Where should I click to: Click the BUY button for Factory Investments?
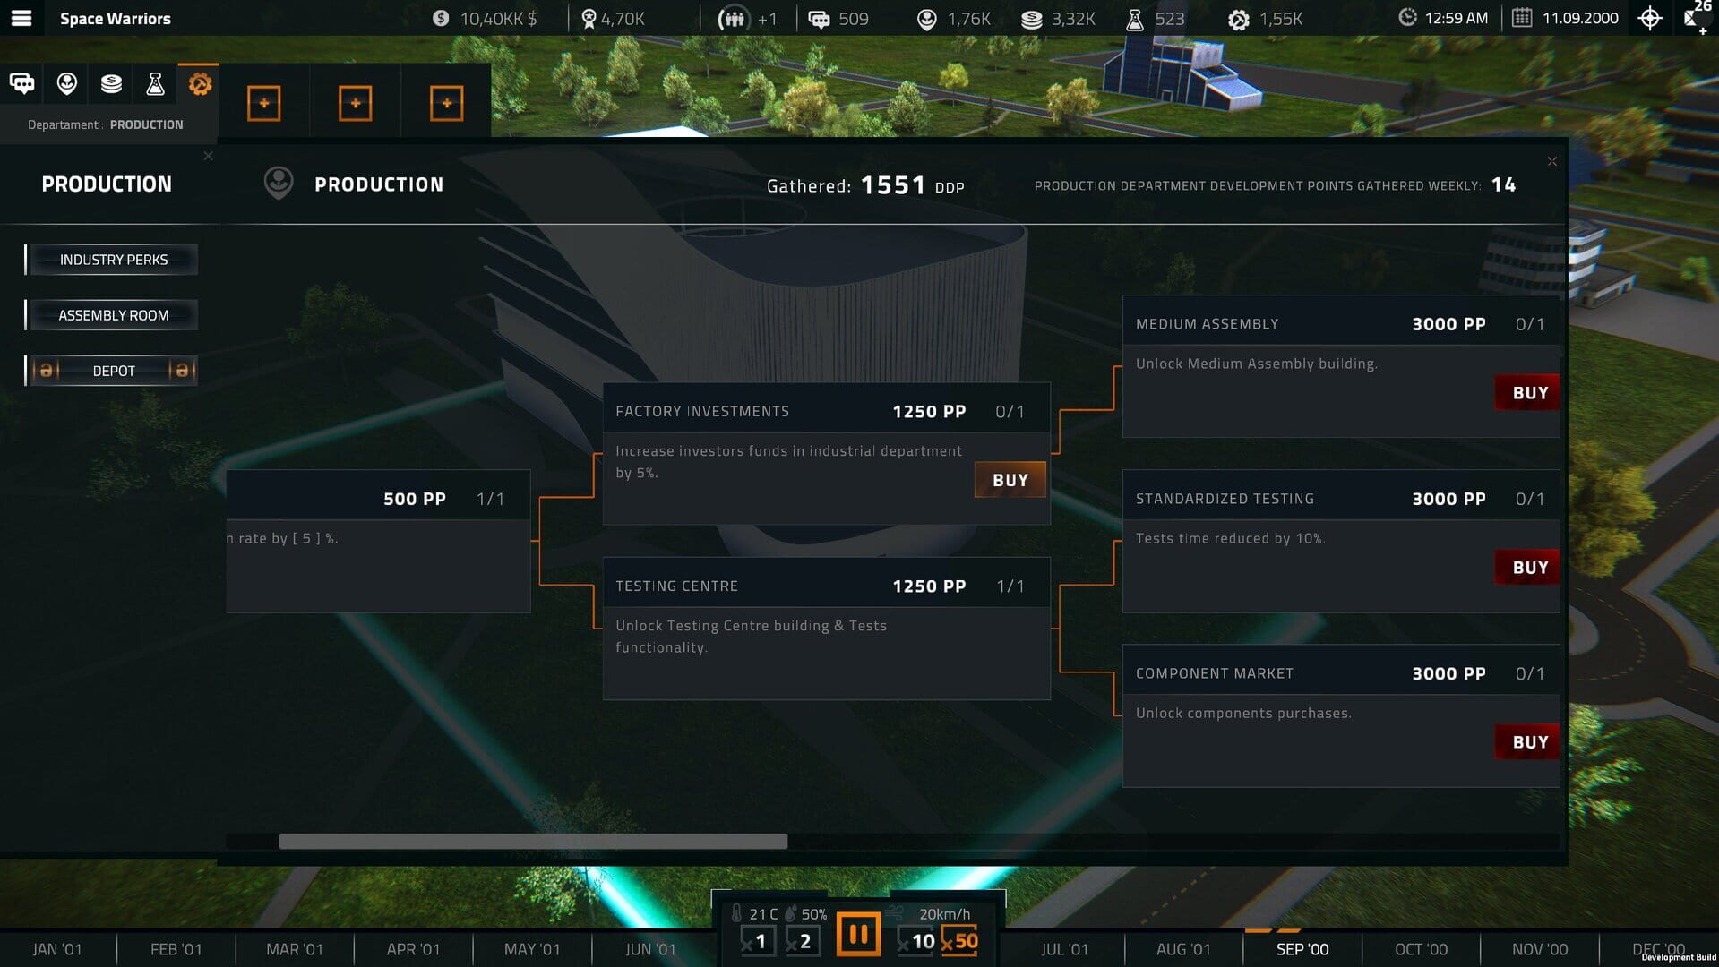pos(1010,480)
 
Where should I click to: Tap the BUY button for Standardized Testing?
pos(1528,568)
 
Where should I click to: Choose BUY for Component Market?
pos(1528,742)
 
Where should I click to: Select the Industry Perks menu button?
pos(114,260)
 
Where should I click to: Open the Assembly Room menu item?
pos(114,315)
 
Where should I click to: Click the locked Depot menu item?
pos(114,371)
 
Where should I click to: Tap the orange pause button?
pos(858,935)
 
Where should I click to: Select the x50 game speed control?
pos(959,941)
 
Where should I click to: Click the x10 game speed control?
pos(916,941)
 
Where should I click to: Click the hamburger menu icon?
pos(21,18)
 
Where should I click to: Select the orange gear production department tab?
pos(200,84)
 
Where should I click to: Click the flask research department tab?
pos(155,84)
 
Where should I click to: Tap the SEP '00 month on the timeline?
pos(1302,949)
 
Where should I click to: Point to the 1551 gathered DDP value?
pos(893,185)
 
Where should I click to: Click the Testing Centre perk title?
pos(677,586)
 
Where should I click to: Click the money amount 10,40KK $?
pos(498,19)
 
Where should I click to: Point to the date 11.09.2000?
pos(1580,18)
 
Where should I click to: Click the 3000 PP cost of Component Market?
pos(1448,673)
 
